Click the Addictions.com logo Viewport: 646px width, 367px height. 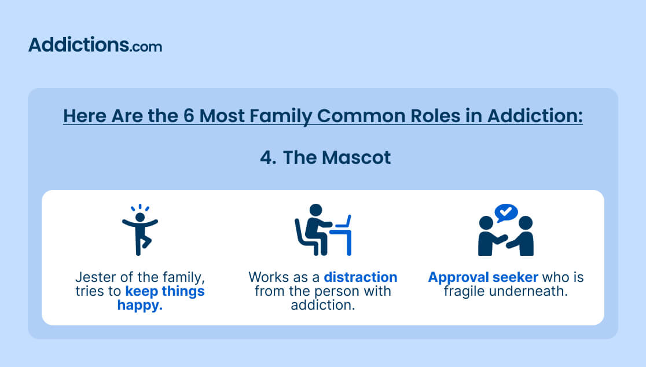tap(95, 45)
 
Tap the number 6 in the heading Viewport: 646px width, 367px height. tap(189, 116)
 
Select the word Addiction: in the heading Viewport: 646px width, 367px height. tap(535, 116)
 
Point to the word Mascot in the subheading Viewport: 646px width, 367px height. tap(356, 158)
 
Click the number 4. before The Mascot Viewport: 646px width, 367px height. tap(268, 158)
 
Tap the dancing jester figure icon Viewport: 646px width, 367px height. tap(140, 230)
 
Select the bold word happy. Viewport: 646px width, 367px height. tap(140, 305)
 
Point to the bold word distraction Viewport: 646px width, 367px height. tap(361, 277)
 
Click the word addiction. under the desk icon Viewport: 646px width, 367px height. tap(323, 305)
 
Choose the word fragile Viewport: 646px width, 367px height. tap(465, 292)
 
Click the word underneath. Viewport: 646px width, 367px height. tap(529, 292)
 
